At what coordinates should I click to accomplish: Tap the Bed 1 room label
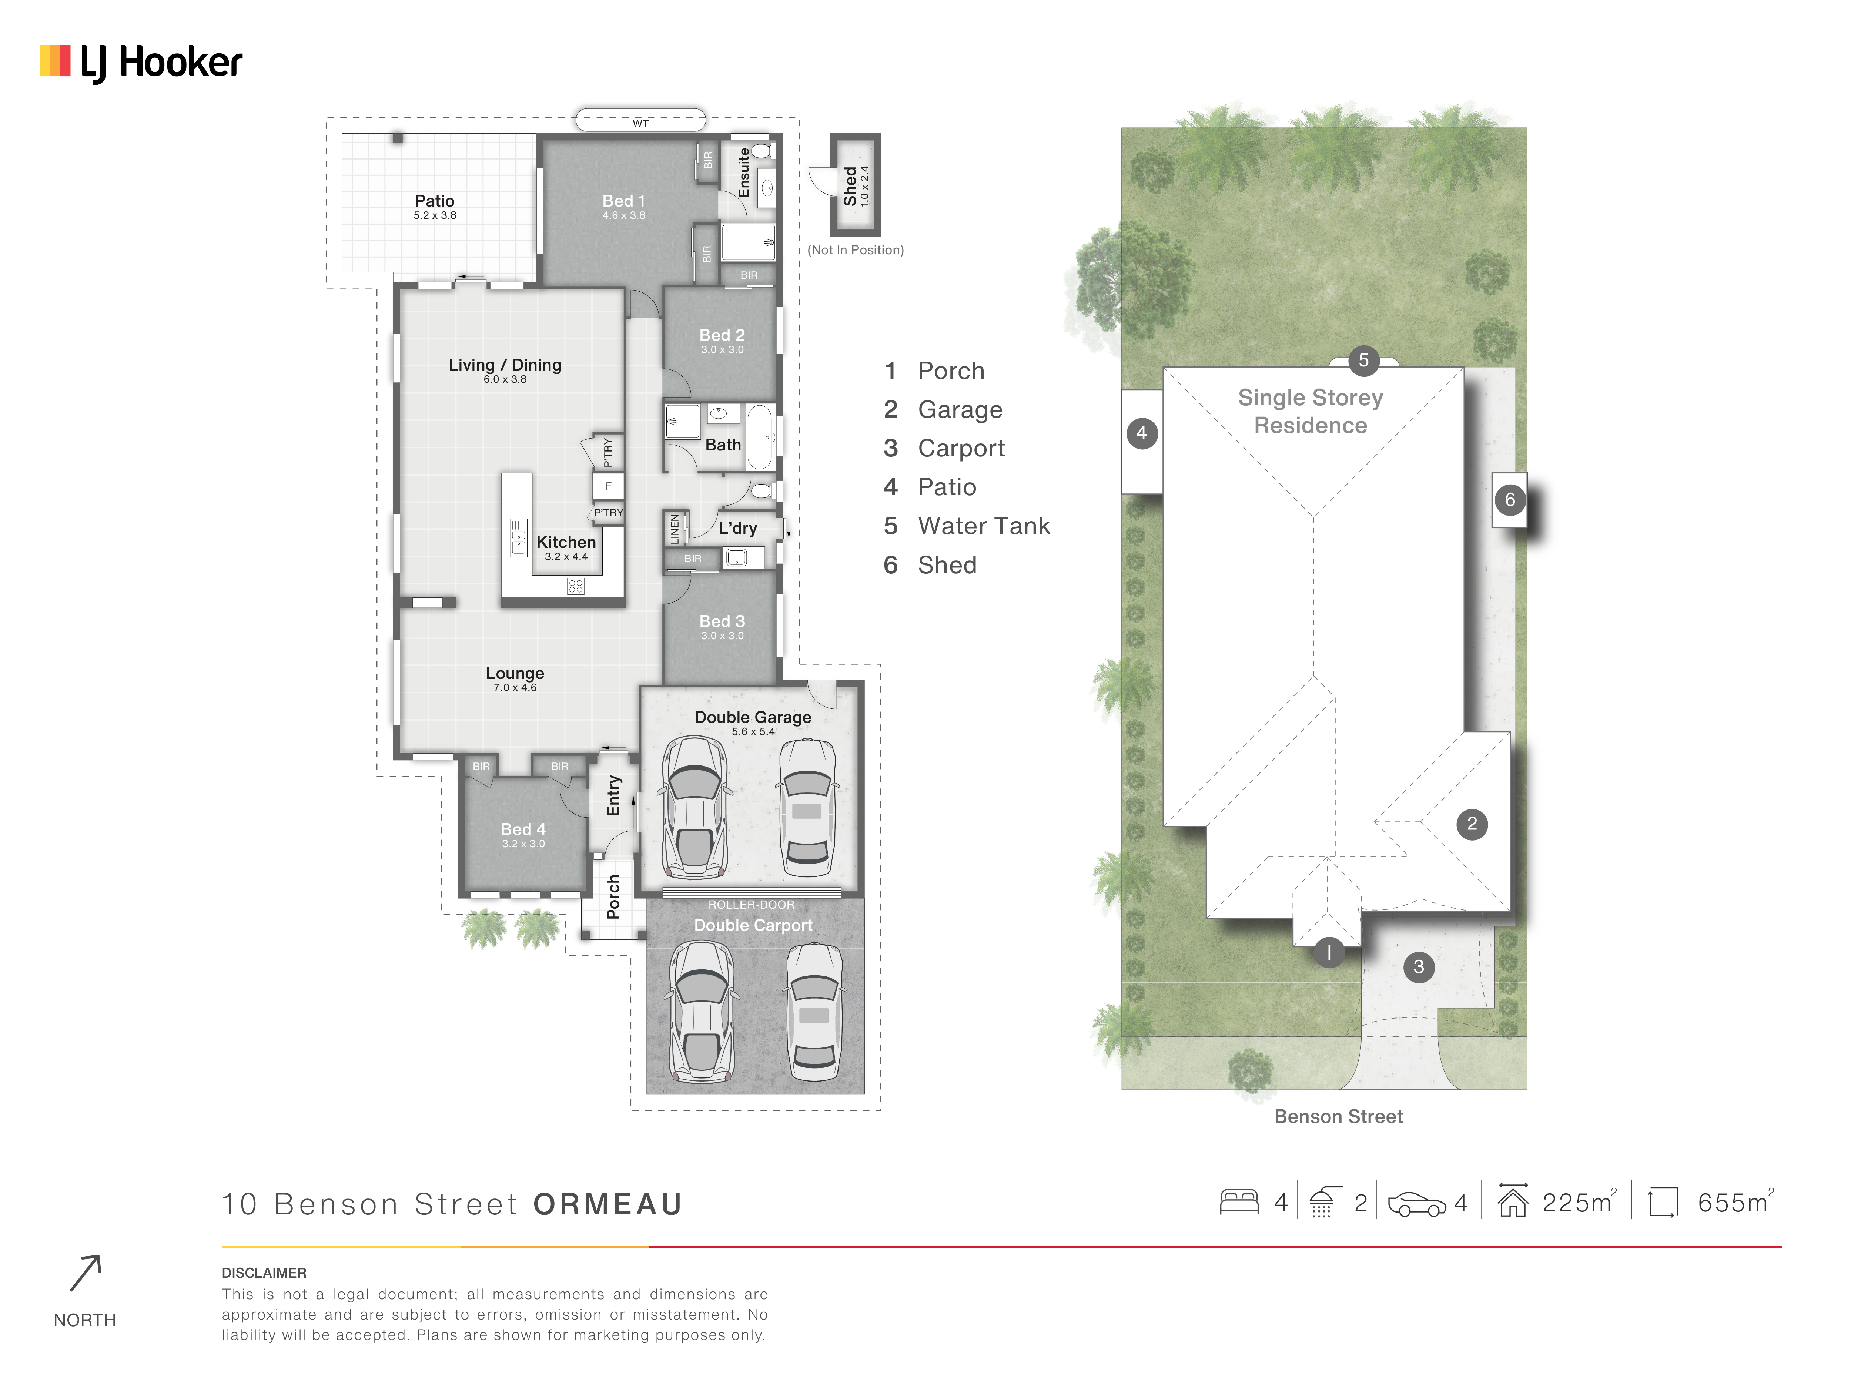(623, 201)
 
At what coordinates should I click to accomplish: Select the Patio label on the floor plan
(434, 201)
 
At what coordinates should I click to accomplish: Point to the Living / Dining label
(505, 365)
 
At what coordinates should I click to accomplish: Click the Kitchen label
(566, 542)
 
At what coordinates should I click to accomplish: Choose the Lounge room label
(515, 674)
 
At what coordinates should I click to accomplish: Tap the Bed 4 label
(523, 829)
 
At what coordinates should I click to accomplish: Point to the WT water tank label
(640, 124)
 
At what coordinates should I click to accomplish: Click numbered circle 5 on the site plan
(1363, 361)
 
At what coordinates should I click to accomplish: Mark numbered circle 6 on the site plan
(1510, 500)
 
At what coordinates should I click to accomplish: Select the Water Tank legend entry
(967, 526)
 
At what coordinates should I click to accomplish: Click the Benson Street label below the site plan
(1338, 1116)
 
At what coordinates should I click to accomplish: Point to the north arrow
(86, 1273)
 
